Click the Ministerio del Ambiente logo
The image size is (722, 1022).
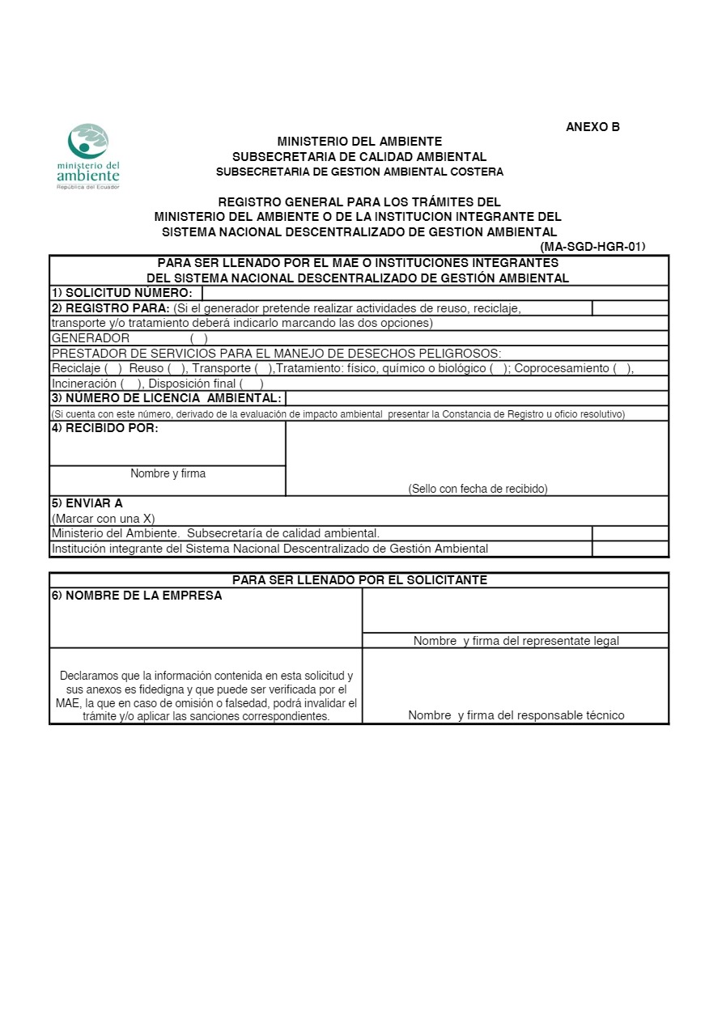[x=88, y=156]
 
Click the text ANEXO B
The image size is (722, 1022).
[x=592, y=126]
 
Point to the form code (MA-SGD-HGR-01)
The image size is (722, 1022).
[x=592, y=247]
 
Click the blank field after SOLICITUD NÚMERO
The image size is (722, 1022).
[x=435, y=293]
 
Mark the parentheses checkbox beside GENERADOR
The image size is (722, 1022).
[x=199, y=338]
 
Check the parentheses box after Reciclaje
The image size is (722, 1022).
[x=113, y=368]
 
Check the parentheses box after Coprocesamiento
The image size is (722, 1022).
[x=622, y=368]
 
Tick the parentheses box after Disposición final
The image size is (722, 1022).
[x=251, y=384]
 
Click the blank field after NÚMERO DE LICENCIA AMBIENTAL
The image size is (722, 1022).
[x=477, y=398]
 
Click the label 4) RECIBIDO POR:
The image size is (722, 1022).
[x=105, y=428]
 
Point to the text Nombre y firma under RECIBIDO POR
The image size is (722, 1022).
[x=168, y=473]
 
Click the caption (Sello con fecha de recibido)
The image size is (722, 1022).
[x=478, y=489]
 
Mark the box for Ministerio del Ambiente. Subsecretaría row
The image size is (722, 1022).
[x=630, y=533]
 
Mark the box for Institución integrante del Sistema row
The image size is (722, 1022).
[x=630, y=549]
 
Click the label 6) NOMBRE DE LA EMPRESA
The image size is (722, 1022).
[x=137, y=596]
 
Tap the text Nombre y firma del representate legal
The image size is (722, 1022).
[x=516, y=641]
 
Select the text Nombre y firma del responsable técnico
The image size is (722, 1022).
[x=516, y=715]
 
